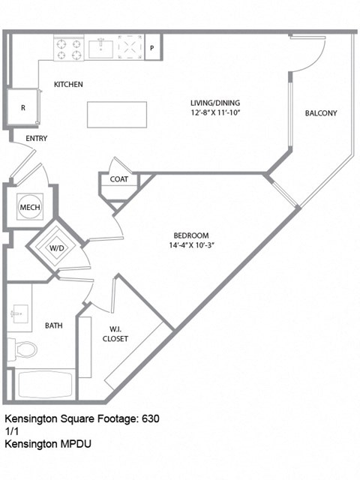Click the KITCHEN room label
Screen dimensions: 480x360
tap(68, 84)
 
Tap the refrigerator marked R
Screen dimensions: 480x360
tap(22, 107)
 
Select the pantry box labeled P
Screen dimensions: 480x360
tap(152, 49)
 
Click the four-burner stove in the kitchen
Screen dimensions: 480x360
tap(67, 49)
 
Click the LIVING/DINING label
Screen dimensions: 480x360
tap(212, 102)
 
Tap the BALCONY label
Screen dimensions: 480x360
tap(321, 113)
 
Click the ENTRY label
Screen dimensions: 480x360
tap(37, 139)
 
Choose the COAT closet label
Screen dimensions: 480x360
tap(118, 179)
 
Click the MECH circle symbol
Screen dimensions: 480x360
tap(29, 207)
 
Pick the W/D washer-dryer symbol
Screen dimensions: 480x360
tap(57, 247)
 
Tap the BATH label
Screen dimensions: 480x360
tap(53, 325)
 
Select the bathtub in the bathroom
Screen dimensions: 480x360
tap(45, 385)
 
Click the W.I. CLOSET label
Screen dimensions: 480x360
tap(115, 333)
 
